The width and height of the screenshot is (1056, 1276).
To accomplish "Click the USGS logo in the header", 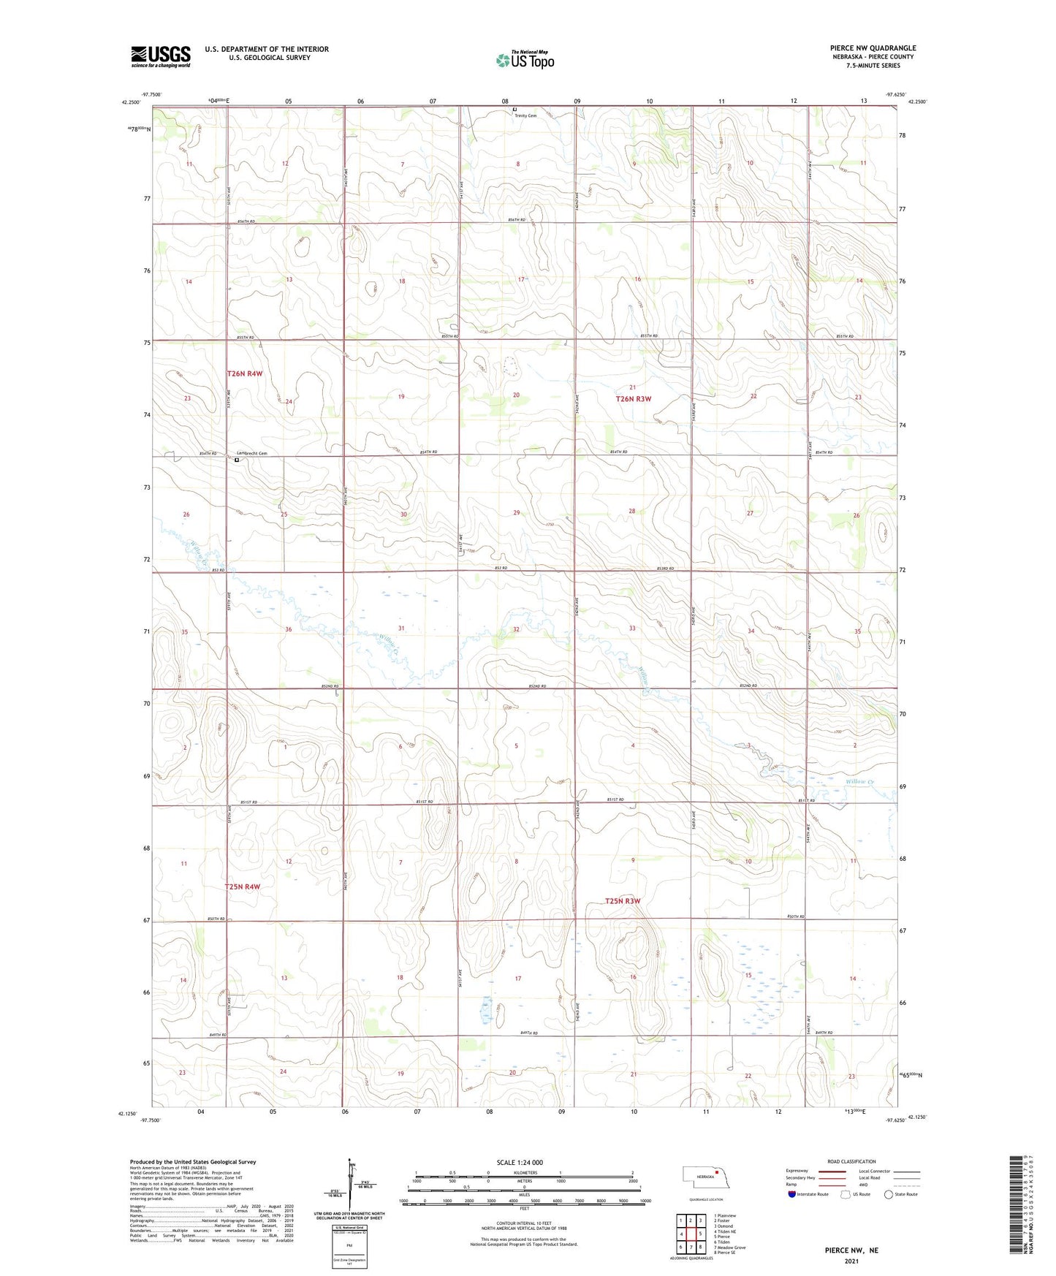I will point(160,56).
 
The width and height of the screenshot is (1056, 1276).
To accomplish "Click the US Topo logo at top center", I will point(525,59).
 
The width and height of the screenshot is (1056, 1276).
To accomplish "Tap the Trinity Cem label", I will point(525,115).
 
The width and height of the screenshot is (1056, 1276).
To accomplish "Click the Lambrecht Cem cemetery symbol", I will point(237,460).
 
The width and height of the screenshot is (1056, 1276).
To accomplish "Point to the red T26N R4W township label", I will point(244,373).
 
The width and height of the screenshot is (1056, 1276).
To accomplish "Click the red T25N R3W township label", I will point(623,901).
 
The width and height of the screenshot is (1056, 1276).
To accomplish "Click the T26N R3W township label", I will point(633,399).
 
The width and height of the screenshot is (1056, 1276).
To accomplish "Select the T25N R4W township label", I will point(243,886).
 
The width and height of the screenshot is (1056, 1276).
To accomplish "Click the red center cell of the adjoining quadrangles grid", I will point(690,1234).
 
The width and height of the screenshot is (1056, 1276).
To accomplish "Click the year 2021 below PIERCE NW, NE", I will point(851,1261).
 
